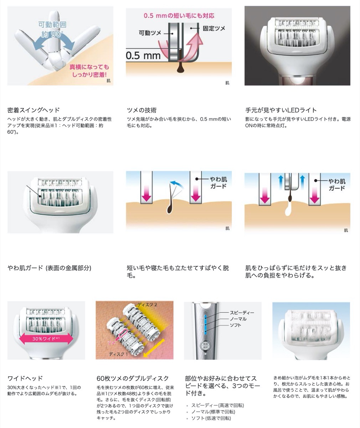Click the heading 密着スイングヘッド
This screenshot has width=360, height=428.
click(x=34, y=110)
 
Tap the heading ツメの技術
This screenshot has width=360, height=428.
click(x=142, y=110)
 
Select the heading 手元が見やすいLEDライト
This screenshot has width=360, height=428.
click(x=281, y=110)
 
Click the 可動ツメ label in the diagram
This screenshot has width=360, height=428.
click(x=150, y=33)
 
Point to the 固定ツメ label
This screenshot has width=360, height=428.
click(x=214, y=28)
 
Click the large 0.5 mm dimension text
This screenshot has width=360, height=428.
click(x=143, y=56)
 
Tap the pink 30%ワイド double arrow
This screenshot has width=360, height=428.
click(x=46, y=338)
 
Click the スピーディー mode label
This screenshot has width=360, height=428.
click(x=242, y=313)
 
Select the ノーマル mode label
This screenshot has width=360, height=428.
click(x=238, y=319)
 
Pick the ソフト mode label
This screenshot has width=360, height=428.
click(x=235, y=325)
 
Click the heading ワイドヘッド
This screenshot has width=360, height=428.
click(x=25, y=378)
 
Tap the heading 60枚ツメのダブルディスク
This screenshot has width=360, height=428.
click(x=133, y=378)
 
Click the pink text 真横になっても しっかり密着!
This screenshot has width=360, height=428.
click(x=89, y=71)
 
